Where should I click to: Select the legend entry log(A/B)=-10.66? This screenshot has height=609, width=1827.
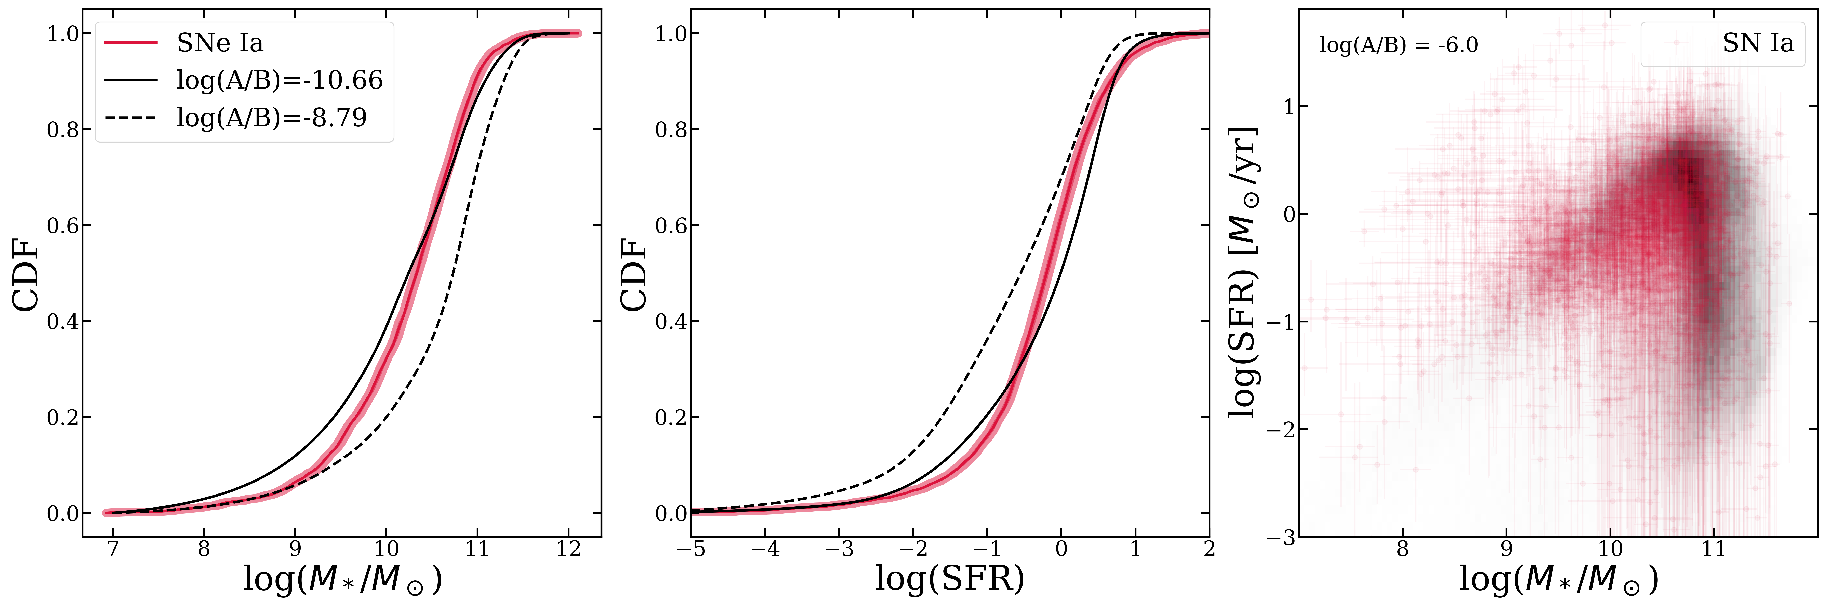(x=280, y=80)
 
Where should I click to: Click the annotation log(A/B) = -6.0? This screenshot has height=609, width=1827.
(x=1398, y=45)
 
